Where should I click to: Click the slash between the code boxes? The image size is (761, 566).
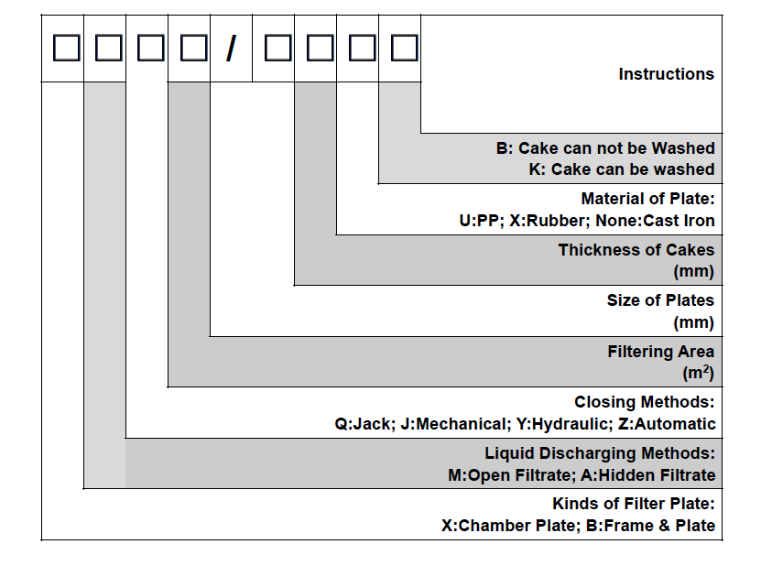tap(231, 48)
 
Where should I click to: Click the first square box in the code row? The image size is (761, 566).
tap(66, 48)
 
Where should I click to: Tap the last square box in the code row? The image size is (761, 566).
tap(404, 48)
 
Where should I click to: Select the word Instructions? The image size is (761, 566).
tap(666, 74)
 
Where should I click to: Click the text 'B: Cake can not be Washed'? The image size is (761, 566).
tap(605, 148)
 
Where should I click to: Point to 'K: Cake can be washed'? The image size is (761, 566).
tap(622, 169)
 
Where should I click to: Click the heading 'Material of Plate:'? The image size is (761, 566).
tap(647, 199)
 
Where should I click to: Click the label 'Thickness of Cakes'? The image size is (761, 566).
tap(636, 250)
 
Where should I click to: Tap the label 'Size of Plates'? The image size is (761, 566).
tap(660, 300)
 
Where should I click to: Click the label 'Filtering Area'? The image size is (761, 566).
tap(660, 352)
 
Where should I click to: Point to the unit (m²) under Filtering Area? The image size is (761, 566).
tap(698, 373)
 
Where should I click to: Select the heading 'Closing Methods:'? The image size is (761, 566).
tap(644, 403)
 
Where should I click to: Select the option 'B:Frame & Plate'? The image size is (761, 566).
tap(655, 527)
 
